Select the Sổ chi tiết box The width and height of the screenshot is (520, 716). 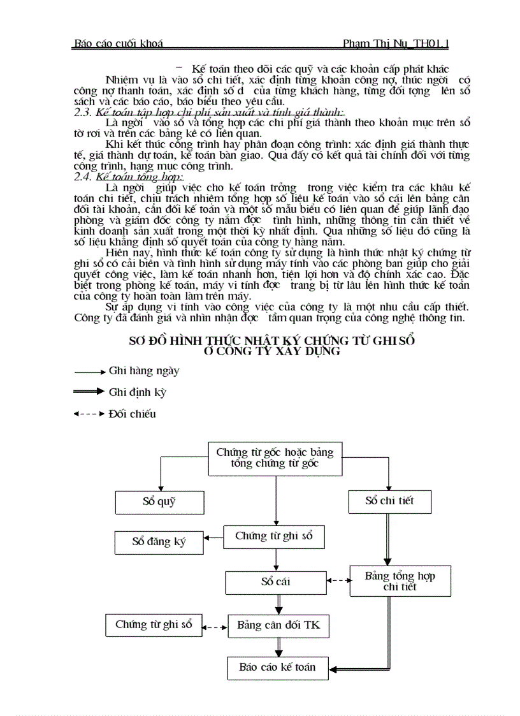click(389, 500)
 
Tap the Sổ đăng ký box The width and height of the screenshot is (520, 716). click(159, 542)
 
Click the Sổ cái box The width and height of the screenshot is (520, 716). click(275, 582)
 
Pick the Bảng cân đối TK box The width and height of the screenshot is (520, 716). click(278, 625)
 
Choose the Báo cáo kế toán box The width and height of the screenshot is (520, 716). click(277, 668)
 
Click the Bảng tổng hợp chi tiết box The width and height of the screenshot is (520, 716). click(400, 581)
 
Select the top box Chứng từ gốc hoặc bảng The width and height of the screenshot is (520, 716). click(275, 458)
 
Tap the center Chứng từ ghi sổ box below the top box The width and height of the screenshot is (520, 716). click(274, 536)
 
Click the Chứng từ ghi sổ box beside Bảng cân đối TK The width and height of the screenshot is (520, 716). click(154, 625)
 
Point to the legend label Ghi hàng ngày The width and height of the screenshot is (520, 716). click(144, 370)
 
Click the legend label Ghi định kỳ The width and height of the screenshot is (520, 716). click(137, 392)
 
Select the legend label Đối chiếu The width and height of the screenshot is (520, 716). click(132, 414)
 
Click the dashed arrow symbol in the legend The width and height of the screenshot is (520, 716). click(89, 414)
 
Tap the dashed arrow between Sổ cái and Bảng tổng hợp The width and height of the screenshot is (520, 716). click(338, 580)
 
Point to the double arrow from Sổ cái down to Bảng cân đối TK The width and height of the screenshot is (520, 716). click(278, 604)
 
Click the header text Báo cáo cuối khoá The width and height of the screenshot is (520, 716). click(119, 44)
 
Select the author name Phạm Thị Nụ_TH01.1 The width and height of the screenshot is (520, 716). click(395, 44)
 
